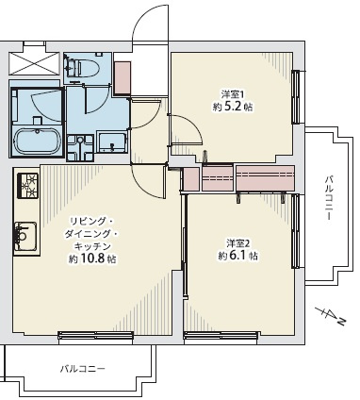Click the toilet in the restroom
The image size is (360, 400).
[x=83, y=67]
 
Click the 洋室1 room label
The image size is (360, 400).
[x=232, y=94]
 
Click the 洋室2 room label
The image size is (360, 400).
[x=237, y=242]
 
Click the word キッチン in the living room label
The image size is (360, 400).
[x=91, y=245]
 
